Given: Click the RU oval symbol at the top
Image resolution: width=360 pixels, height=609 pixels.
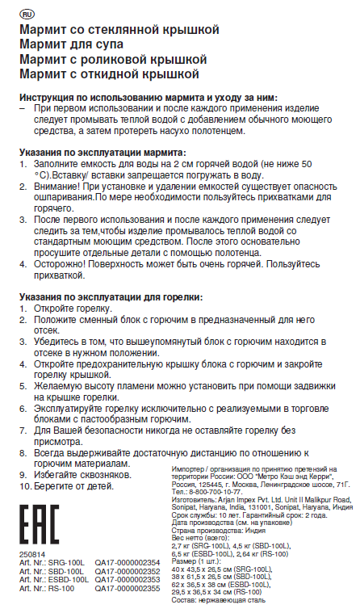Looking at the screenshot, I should pos(25,15).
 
